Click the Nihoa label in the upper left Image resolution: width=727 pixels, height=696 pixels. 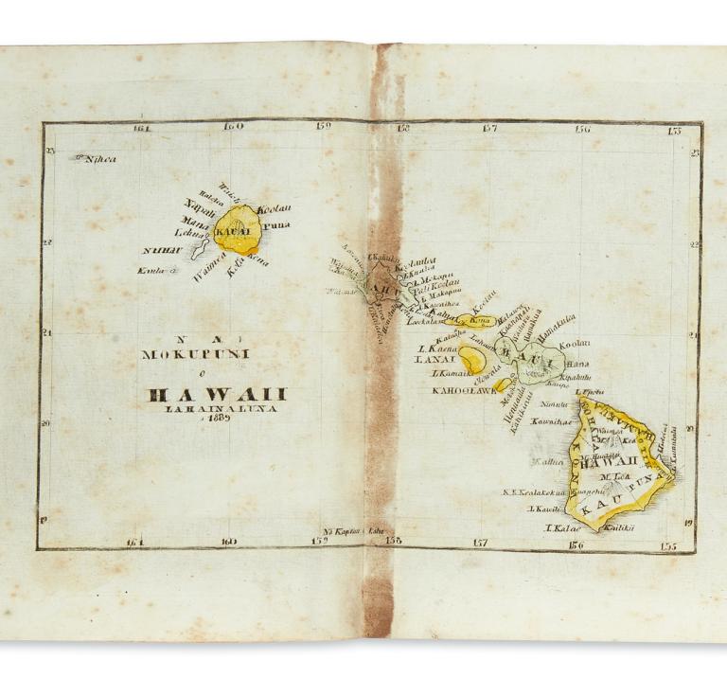pos(98,159)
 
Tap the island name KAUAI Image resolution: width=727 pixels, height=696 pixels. pos(233,231)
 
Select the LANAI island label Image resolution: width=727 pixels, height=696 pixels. pos(435,360)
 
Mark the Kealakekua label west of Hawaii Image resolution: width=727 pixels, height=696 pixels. pos(537,492)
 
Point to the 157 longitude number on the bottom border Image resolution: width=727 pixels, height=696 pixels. pos(480,543)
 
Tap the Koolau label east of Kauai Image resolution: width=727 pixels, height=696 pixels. pos(275,207)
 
